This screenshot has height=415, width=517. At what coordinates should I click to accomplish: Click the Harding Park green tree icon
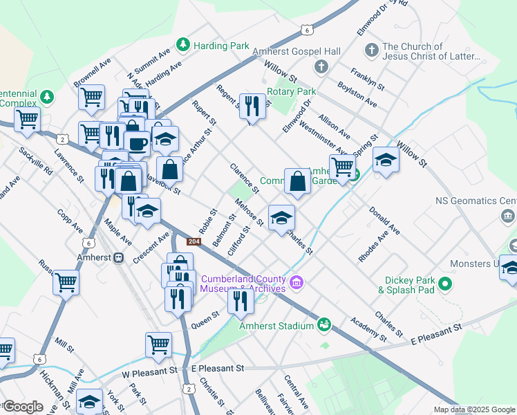(x=183, y=45)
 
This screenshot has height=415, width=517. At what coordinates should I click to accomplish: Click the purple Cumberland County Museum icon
(x=297, y=282)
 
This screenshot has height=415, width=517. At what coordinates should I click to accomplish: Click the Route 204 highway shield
(x=194, y=241)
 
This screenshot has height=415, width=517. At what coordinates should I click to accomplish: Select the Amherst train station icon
(x=119, y=257)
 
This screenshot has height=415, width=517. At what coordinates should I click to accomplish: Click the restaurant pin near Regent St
(x=252, y=107)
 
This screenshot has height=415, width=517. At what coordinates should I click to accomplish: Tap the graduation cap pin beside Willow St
(x=385, y=160)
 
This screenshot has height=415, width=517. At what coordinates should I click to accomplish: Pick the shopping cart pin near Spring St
(x=342, y=166)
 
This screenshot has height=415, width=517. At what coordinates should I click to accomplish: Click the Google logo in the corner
(x=22, y=407)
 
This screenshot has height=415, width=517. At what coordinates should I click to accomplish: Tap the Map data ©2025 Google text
(x=473, y=409)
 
